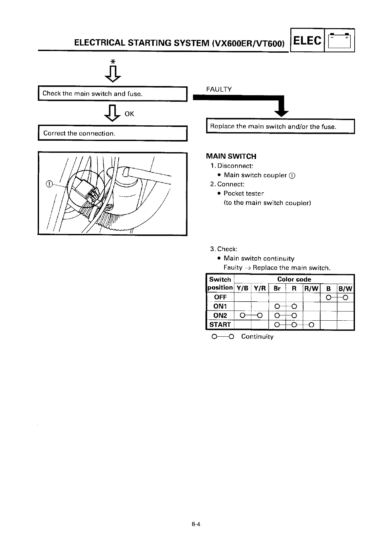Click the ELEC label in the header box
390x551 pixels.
(x=307, y=41)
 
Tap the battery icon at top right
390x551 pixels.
(x=339, y=41)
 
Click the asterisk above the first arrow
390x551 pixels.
(x=113, y=62)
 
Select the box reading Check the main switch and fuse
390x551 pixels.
(x=112, y=94)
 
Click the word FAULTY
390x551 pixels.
(x=219, y=89)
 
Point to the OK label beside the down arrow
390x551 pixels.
(x=129, y=114)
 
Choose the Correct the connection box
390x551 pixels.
(x=112, y=133)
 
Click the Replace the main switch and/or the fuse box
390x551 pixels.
(x=280, y=127)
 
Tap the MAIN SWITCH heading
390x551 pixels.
(x=231, y=156)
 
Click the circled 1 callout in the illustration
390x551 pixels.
(x=49, y=184)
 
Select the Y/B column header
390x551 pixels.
(x=243, y=288)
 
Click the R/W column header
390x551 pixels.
(x=311, y=288)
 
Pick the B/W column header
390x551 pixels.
(x=345, y=288)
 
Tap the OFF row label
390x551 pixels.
(x=220, y=297)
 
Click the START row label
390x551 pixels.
(x=220, y=325)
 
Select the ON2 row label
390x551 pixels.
(x=220, y=315)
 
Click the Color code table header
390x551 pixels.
(x=294, y=279)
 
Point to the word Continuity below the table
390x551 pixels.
(x=257, y=337)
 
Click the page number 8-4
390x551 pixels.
(x=196, y=524)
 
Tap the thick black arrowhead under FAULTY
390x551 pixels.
(x=281, y=113)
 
